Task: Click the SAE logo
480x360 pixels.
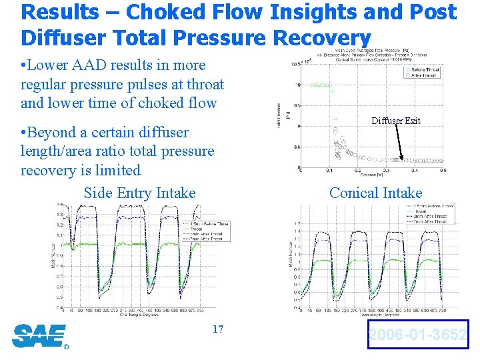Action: click(x=39, y=335)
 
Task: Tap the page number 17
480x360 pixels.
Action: click(x=217, y=329)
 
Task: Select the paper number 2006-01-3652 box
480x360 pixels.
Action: click(x=418, y=335)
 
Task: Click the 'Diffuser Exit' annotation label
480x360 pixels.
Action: click(x=396, y=121)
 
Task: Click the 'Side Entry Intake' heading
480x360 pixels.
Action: click(x=139, y=193)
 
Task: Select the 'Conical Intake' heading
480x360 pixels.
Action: click(x=375, y=193)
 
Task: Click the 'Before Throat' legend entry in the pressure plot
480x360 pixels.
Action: click(x=426, y=69)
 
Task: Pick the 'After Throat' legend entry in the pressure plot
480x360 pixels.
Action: click(x=425, y=75)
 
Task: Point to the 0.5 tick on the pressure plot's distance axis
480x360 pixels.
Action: click(x=443, y=171)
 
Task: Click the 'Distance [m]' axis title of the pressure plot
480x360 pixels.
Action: click(x=373, y=175)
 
